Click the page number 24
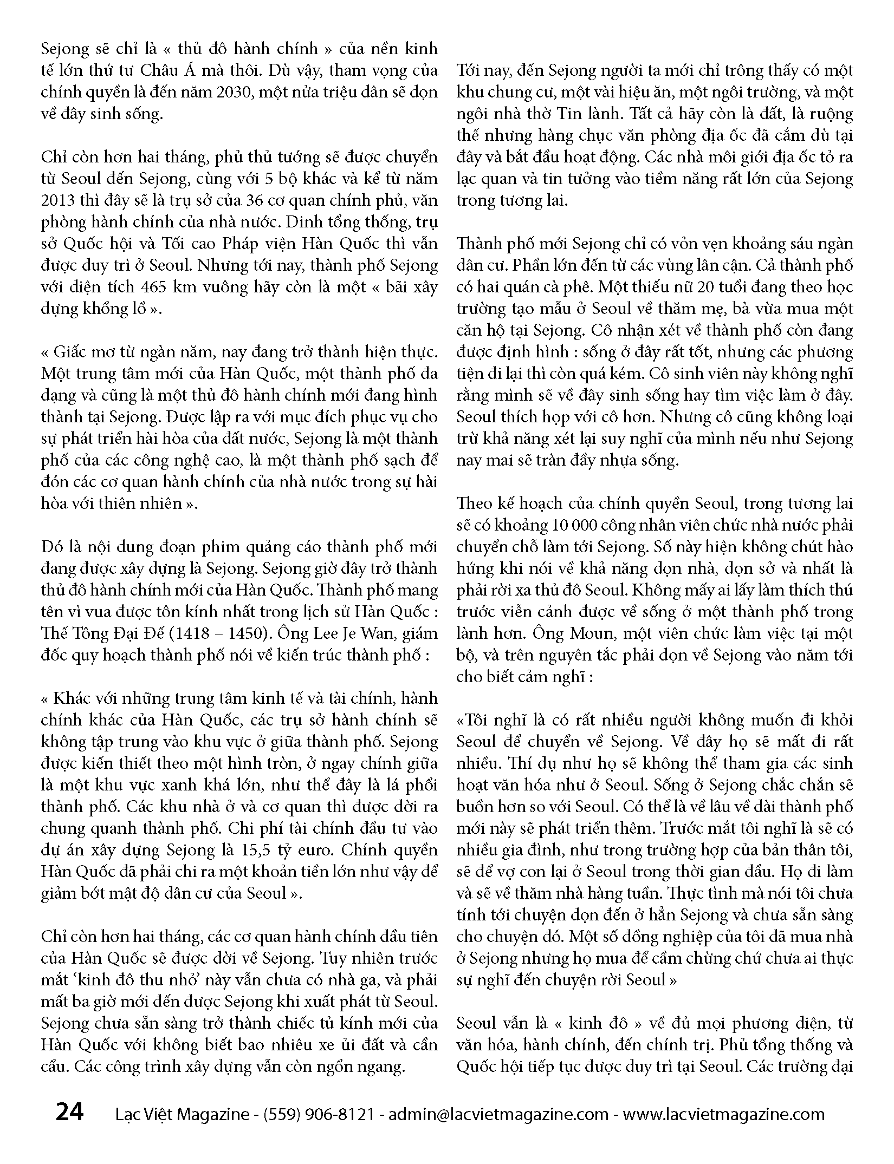tap(70, 1113)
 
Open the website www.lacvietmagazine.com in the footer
tap(723, 1115)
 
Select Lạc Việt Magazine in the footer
tap(182, 1115)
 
